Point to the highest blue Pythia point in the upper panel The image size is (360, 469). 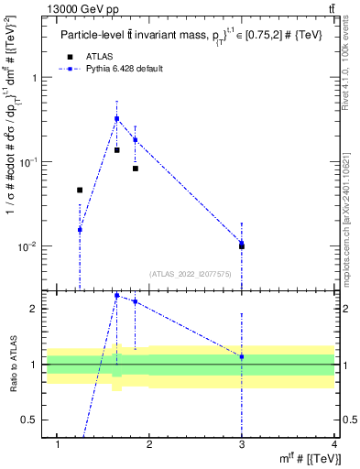pyautogui.click(x=116, y=118)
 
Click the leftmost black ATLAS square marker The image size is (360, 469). pyautogui.click(x=80, y=190)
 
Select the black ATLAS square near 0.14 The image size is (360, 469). pyautogui.click(x=116, y=149)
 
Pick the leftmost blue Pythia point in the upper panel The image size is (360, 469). pyautogui.click(x=80, y=230)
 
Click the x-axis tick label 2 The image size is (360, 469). pyautogui.click(x=150, y=444)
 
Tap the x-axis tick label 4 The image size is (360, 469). pyautogui.click(x=334, y=444)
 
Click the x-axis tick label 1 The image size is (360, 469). pyautogui.click(x=58, y=444)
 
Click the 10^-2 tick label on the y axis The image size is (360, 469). pyautogui.click(x=27, y=246)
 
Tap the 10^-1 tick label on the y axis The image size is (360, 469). pyautogui.click(x=27, y=162)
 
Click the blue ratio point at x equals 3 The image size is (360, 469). pyautogui.click(x=242, y=356)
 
